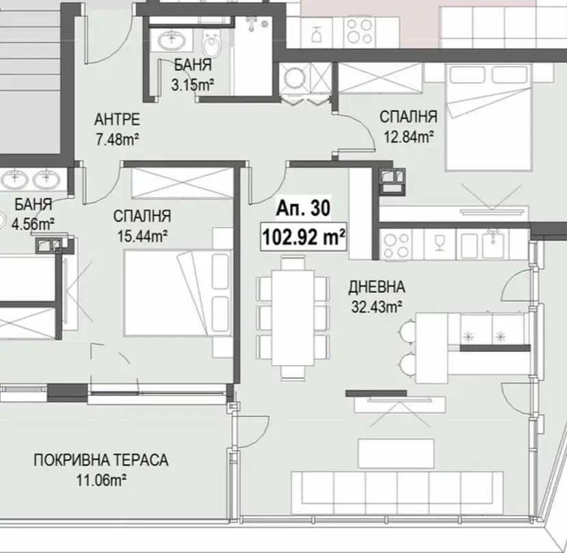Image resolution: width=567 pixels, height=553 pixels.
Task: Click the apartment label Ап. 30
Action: click(x=303, y=209)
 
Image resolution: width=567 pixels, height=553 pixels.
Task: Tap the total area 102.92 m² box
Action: click(x=304, y=237)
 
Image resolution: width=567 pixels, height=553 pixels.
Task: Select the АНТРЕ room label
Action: click(x=117, y=120)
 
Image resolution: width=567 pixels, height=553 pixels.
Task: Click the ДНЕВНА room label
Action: click(x=377, y=287)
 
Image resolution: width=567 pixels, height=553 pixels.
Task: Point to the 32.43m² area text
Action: click(x=377, y=307)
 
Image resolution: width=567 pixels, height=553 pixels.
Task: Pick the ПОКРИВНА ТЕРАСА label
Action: click(x=101, y=460)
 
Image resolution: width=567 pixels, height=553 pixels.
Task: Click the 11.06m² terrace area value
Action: click(x=101, y=480)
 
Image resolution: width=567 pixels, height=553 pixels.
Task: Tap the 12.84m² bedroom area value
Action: click(x=408, y=137)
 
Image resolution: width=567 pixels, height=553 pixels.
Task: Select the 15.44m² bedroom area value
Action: click(x=142, y=236)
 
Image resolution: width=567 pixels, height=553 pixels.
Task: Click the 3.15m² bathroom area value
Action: click(x=193, y=85)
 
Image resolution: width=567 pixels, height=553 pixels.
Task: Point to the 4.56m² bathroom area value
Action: click(x=33, y=224)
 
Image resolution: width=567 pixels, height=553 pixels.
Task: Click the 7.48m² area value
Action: click(x=118, y=140)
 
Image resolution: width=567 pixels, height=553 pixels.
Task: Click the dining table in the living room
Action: click(x=293, y=318)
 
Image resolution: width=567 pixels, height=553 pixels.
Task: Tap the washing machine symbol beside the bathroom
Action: click(x=295, y=77)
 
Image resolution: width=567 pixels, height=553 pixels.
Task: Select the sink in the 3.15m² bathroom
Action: click(x=171, y=39)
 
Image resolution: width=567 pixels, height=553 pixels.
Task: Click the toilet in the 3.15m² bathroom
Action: click(x=211, y=43)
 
